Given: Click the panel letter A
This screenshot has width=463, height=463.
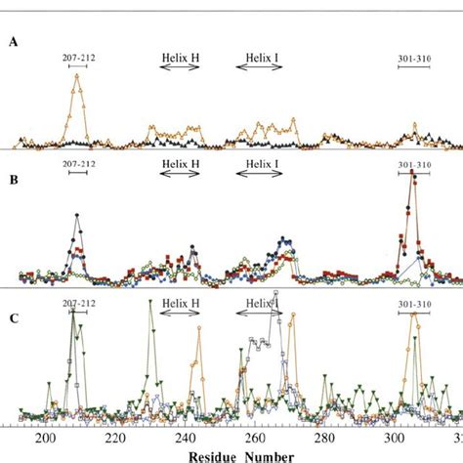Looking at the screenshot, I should point(14,42).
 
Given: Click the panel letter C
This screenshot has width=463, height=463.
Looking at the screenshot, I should point(14,316).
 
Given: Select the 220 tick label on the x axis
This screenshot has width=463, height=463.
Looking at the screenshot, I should point(115,440).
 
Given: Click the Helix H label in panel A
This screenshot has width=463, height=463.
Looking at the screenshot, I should point(180,57).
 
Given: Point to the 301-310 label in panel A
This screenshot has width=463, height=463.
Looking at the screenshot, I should point(415,57).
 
